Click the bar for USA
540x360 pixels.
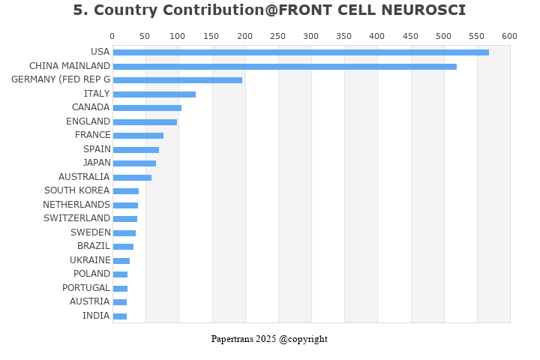300,52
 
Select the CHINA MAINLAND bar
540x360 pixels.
284,67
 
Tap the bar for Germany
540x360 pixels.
177,80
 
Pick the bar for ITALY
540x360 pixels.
154,94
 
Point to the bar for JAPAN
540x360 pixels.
134,163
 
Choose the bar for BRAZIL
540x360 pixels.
123,247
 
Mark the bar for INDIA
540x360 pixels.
119,316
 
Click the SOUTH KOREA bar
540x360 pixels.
125,191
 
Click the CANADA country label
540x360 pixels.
90,107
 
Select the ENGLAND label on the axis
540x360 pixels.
88,121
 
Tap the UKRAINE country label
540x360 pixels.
90,260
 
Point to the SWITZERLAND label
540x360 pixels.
76,218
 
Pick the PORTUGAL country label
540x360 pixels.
85,288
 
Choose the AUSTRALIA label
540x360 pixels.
84,177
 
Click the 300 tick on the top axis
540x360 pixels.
310,36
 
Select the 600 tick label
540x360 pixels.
509,36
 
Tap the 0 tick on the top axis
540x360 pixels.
112,36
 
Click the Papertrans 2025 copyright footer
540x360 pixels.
269,339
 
